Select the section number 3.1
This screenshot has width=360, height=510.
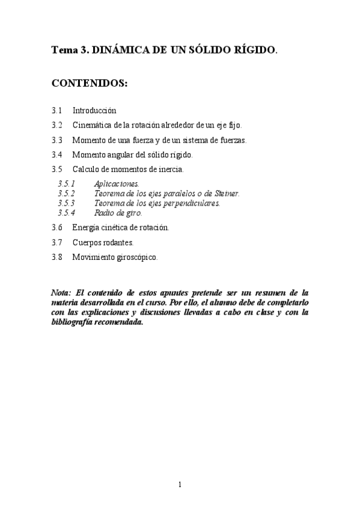coord(57,111)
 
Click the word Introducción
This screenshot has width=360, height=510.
coord(94,111)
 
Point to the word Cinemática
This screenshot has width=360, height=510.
coord(91,125)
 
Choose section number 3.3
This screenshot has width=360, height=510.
coord(57,140)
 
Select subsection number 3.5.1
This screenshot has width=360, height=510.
coord(66,183)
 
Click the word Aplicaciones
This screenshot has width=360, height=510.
coord(117,183)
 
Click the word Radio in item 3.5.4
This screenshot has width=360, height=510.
coord(104,212)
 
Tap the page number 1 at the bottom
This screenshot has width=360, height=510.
coord(180,485)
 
